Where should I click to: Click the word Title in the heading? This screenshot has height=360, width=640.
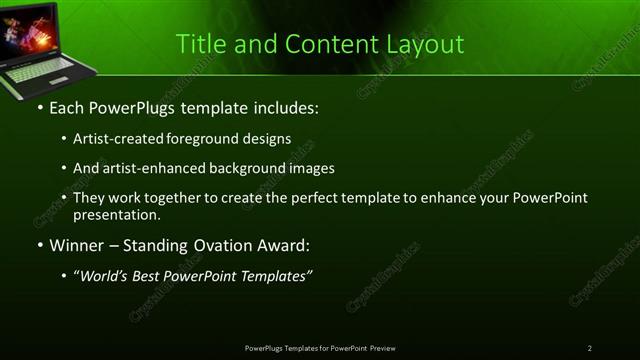(198, 45)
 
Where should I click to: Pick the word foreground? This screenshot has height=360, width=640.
(209, 138)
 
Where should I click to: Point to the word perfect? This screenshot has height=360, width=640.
(308, 198)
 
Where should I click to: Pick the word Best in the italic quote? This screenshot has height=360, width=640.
(151, 276)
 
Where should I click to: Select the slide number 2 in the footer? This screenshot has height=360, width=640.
(589, 348)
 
